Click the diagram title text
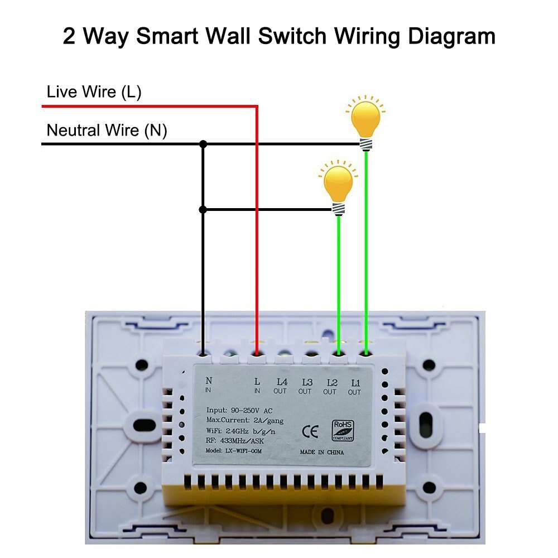click(x=279, y=37)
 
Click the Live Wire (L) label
click(x=94, y=92)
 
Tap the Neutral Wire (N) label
click(x=107, y=131)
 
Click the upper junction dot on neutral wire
click(x=203, y=144)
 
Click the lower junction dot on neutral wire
click(x=203, y=210)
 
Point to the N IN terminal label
click(x=209, y=386)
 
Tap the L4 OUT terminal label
click(x=281, y=386)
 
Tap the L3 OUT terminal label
click(x=305, y=386)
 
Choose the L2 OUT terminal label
click(x=330, y=386)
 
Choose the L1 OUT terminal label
click(x=355, y=386)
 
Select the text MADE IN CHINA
click(x=322, y=453)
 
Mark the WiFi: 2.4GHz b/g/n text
click(x=241, y=431)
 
